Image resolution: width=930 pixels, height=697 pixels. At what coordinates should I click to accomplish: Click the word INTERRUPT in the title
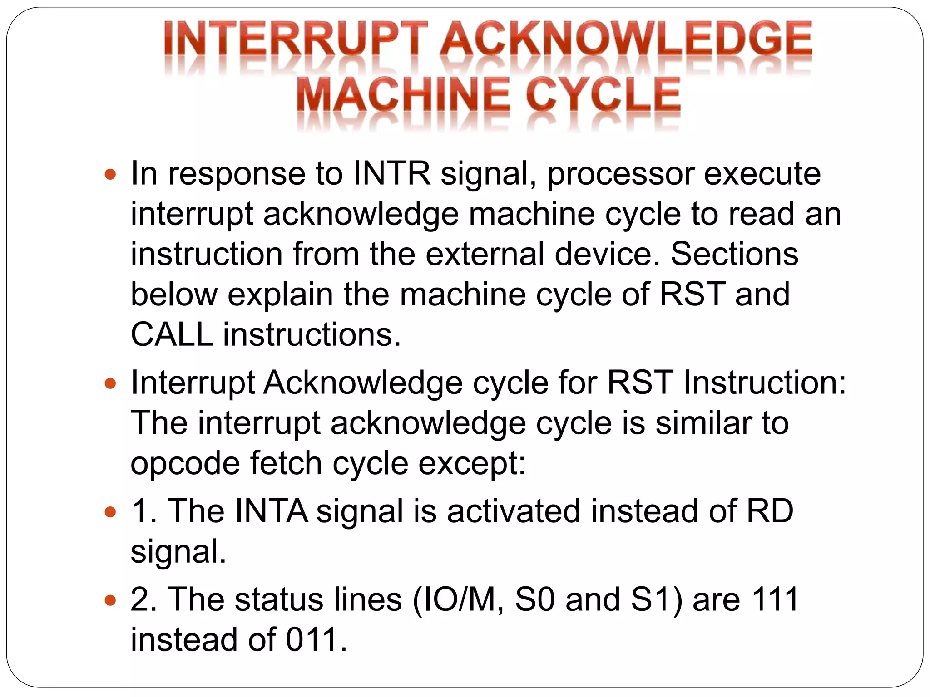296,41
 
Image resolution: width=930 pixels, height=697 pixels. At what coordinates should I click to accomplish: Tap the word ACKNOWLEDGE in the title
625,41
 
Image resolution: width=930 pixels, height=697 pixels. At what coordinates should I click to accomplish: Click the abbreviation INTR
391,173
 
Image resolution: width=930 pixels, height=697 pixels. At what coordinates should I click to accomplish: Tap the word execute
762,173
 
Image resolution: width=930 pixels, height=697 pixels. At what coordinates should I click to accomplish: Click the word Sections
734,254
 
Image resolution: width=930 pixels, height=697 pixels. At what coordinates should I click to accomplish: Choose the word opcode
185,464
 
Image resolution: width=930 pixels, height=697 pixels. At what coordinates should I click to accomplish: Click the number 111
775,599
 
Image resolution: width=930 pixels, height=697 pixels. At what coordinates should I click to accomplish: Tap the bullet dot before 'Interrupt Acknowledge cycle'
110,383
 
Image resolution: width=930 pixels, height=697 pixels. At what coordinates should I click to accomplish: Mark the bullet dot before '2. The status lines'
110,600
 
